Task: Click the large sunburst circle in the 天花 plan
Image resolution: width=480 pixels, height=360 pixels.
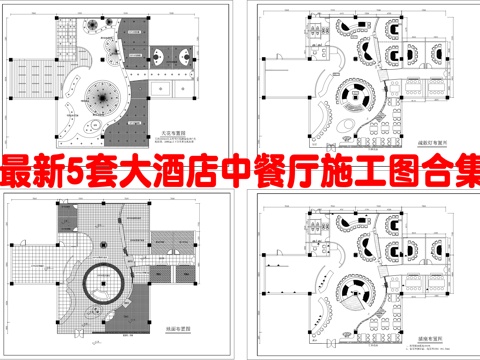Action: pyautogui.click(x=100, y=98)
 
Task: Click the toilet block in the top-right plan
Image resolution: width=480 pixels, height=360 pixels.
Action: pyautogui.click(x=299, y=31)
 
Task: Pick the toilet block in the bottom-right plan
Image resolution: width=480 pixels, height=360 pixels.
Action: pyautogui.click(x=299, y=217)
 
